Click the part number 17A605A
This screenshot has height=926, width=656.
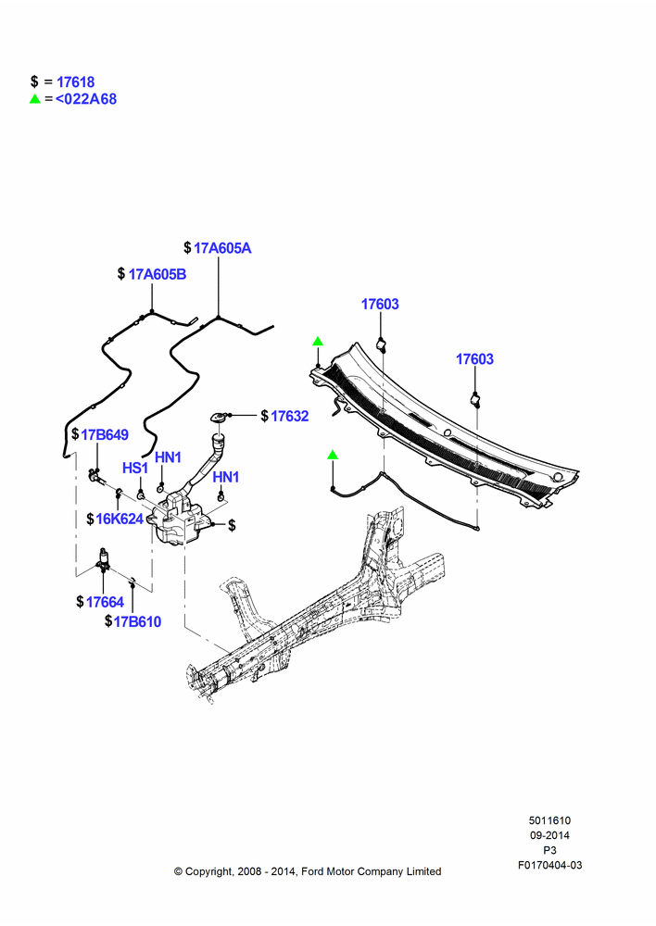tap(222, 248)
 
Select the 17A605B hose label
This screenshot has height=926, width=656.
tap(158, 274)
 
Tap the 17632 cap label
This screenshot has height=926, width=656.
tap(290, 417)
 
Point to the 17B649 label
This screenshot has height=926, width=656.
tap(105, 434)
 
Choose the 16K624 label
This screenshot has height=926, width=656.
tap(120, 519)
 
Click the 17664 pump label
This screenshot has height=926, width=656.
tap(106, 603)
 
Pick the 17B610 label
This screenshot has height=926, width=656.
tap(137, 622)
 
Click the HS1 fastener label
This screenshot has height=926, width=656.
tap(134, 469)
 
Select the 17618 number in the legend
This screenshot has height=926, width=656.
tap(76, 82)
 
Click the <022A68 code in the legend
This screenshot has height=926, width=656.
tap(86, 99)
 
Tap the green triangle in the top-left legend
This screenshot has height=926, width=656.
tap(35, 99)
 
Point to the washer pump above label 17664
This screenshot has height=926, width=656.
tap(105, 559)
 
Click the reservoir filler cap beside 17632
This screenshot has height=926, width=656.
tap(217, 418)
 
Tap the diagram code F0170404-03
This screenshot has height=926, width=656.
tap(549, 865)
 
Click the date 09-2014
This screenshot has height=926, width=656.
tap(549, 835)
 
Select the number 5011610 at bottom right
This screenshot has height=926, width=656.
tap(549, 820)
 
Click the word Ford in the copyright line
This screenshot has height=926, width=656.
tap(312, 871)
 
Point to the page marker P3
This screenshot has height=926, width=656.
tap(549, 850)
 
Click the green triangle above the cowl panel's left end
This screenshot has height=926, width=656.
tap(318, 342)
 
